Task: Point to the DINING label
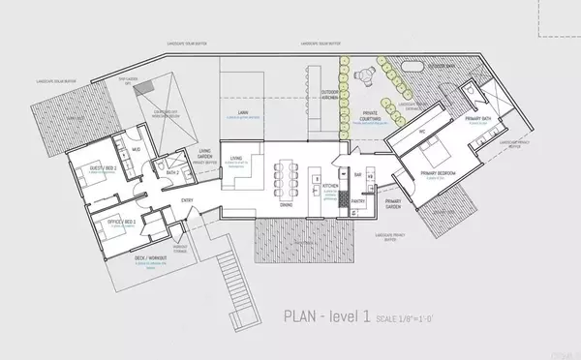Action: tap(287, 204)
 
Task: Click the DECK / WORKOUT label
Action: tap(153, 258)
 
